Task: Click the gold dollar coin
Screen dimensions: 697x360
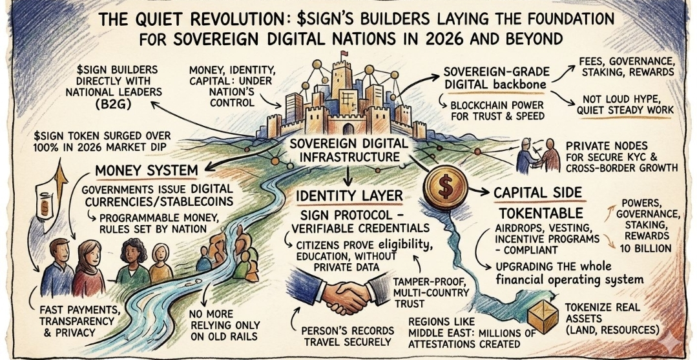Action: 445,186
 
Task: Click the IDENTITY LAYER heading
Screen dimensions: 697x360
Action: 348,194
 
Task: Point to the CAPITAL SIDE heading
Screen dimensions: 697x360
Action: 537,192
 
